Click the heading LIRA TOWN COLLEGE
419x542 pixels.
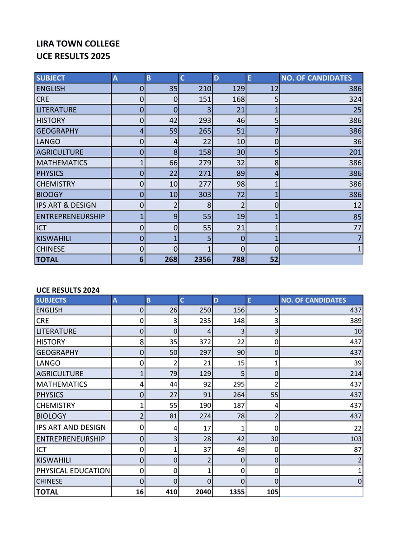tap(78, 44)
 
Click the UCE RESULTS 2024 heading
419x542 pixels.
tap(68, 290)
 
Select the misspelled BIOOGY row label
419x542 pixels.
tap(50, 195)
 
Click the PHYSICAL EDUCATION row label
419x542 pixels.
tap(73, 471)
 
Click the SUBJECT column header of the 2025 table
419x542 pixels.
tap(51, 78)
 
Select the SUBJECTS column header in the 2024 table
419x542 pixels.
tap(51, 300)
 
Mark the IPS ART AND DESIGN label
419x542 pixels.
tap(71, 427)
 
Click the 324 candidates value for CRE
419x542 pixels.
tap(355, 99)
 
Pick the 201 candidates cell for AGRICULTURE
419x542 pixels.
tap(355, 152)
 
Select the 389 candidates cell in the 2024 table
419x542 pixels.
tap(355, 321)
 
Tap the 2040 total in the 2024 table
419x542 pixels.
tap(203, 492)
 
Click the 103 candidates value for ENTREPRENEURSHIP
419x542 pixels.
tap(355, 439)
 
